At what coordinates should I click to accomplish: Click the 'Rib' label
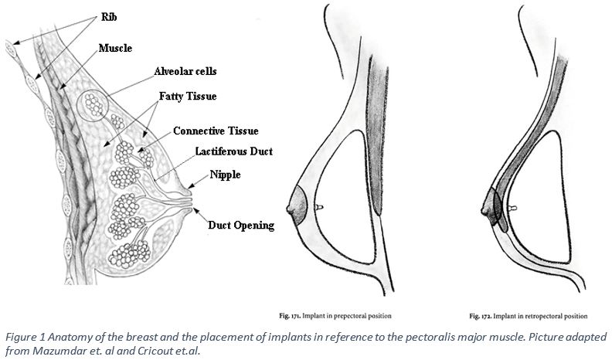click(109, 17)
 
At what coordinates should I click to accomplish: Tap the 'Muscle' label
click(115, 48)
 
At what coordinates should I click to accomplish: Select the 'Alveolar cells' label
click(185, 71)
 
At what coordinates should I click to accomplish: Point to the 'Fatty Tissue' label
click(188, 96)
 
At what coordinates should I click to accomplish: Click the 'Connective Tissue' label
click(216, 131)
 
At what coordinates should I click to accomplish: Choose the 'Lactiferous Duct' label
click(234, 151)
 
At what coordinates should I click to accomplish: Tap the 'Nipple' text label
click(225, 175)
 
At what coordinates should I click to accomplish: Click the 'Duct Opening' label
click(241, 226)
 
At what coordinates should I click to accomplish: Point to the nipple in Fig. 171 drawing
click(290, 209)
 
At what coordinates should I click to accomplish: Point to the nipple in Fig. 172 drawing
click(484, 211)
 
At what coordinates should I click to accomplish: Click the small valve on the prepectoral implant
click(319, 208)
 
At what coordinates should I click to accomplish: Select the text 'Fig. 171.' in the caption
click(290, 316)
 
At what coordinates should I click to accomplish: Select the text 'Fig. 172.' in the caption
click(480, 316)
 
